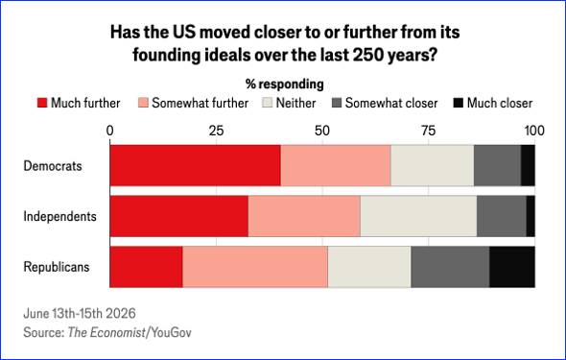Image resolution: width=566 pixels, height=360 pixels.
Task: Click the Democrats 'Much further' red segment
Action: click(196, 166)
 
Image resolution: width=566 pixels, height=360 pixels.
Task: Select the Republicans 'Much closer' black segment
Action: click(512, 267)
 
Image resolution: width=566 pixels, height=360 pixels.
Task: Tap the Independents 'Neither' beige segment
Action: click(418, 216)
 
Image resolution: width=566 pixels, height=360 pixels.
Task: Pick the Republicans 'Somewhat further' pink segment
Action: click(255, 267)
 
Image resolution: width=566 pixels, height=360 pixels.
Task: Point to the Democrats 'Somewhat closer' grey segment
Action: click(498, 166)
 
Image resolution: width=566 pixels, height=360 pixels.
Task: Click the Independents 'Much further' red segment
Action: click(179, 216)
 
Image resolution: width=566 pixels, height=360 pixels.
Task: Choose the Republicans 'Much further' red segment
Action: click(146, 267)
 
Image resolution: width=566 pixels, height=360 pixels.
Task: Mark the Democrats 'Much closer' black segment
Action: click(528, 166)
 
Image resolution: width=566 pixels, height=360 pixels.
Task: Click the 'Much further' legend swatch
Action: click(42, 103)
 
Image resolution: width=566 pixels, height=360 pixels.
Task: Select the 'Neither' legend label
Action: click(296, 103)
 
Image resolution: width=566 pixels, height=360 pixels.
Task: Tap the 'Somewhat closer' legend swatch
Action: click(337, 103)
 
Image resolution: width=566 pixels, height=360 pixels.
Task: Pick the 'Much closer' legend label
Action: click(500, 103)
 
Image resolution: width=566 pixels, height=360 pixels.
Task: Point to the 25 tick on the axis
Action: click(216, 131)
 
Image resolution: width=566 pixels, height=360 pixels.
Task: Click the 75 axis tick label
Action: click(429, 131)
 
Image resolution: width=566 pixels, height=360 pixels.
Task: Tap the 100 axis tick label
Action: click(534, 131)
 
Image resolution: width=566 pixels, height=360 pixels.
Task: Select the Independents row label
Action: click(59, 216)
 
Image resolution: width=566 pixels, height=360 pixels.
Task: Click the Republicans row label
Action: click(57, 267)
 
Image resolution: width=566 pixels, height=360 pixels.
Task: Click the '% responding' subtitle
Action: click(285, 84)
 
